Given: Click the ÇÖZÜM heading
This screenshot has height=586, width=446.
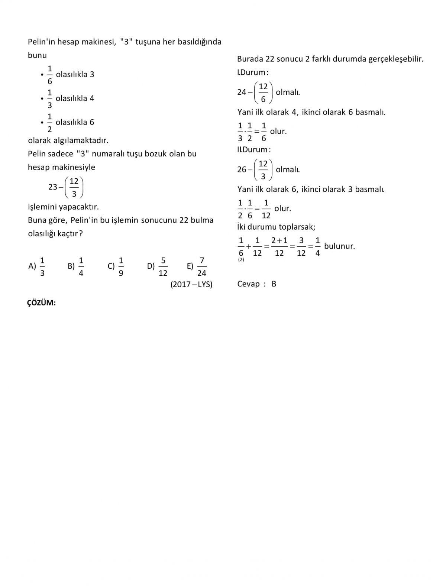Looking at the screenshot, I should tap(41, 303).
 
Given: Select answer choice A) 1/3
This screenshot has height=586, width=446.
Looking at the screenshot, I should tap(37, 266).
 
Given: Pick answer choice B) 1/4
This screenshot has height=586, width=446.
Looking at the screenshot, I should tap(76, 266).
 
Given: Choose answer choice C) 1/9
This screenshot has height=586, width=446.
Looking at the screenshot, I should tap(116, 266).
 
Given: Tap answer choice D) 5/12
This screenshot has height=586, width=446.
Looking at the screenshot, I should tap(158, 266).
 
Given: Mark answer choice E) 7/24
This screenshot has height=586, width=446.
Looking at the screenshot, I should tap(197, 266).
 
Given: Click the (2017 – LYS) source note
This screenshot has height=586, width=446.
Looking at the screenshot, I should tap(191, 285).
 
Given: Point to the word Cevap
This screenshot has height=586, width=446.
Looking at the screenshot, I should tap(248, 284).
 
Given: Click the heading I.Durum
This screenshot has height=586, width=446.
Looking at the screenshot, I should tap(253, 72).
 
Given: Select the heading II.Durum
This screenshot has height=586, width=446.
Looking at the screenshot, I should tap(254, 150).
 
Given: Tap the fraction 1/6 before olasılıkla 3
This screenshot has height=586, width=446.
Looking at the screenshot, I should tap(50, 74).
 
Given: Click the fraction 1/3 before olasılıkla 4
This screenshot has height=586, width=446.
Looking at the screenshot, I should tap(50, 98).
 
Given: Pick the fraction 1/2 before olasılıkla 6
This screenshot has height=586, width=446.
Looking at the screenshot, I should tap(50, 122).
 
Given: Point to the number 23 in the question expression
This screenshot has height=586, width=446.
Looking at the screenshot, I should tap(53, 187).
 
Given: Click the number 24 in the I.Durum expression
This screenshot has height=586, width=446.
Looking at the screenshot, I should tap(242, 92).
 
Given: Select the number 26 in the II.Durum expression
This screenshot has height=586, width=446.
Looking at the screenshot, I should tap(242, 169).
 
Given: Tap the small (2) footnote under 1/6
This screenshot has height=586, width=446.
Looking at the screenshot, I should tap(241, 260).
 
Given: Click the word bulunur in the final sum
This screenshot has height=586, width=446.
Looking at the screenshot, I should tap(339, 246).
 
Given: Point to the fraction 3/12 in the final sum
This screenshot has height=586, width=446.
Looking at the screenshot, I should tap(301, 246).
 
